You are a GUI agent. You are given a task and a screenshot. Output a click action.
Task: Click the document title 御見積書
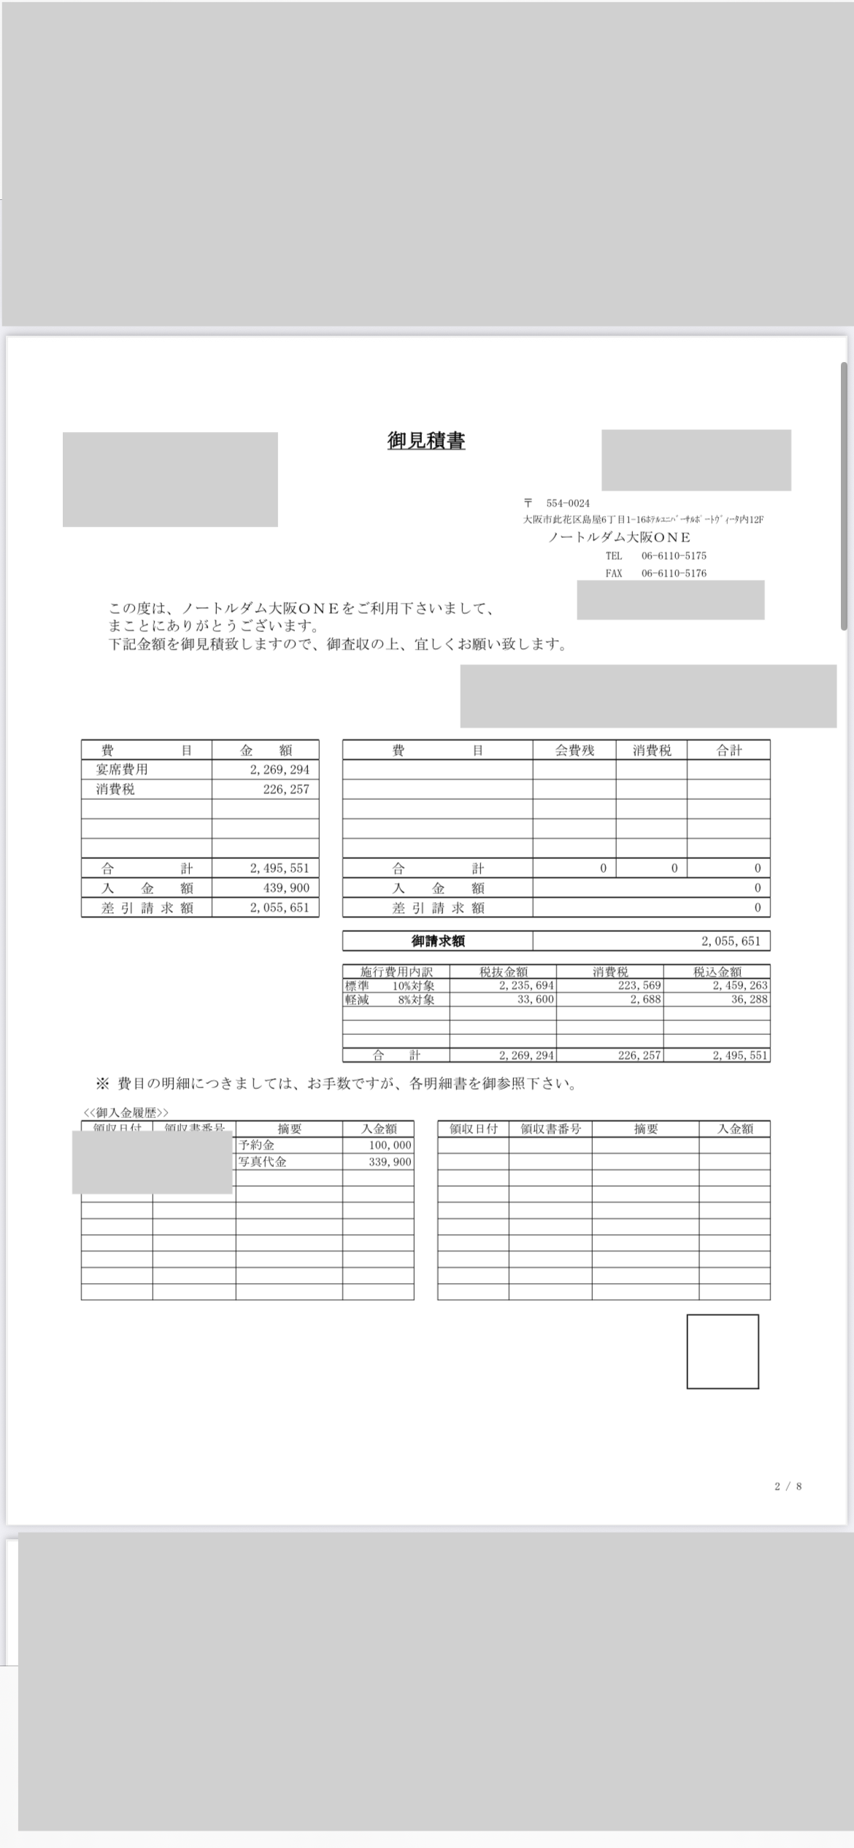click(x=426, y=441)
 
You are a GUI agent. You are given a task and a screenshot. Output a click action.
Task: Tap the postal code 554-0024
click(x=567, y=504)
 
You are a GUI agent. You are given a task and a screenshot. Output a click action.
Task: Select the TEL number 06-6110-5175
click(x=673, y=556)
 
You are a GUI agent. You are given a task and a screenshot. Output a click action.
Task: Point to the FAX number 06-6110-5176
click(x=673, y=574)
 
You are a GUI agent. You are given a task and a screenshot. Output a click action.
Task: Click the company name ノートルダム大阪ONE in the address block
click(x=619, y=538)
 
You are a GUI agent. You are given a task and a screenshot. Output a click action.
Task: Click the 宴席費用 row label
click(x=122, y=770)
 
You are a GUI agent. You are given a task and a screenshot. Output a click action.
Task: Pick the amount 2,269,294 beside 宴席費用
click(x=280, y=770)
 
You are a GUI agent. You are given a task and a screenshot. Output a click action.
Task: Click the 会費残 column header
click(x=574, y=750)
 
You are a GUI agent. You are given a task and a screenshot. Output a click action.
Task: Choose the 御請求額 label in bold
click(x=437, y=942)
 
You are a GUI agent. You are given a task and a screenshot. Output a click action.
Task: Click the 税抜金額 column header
click(x=503, y=972)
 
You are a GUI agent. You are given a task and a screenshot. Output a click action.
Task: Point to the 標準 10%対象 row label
click(x=390, y=986)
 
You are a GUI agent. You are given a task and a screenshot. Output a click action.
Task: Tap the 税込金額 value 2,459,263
click(x=740, y=986)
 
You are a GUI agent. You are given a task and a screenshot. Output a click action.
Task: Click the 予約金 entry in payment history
click(x=257, y=1146)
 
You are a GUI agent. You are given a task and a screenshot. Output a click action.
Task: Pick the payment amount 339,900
click(x=390, y=1162)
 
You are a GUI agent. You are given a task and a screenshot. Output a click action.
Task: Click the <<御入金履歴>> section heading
click(x=126, y=1113)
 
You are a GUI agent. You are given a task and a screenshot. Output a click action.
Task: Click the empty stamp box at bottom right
click(x=722, y=1352)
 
